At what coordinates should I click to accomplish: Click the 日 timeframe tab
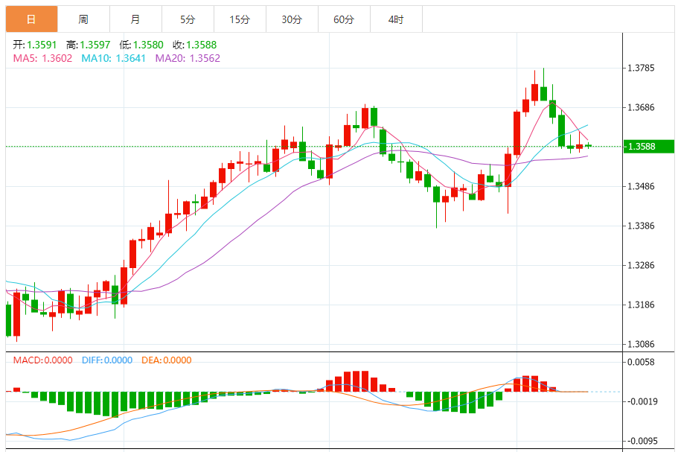pyautogui.click(x=31, y=19)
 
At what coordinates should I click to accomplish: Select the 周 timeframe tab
pyautogui.click(x=83, y=19)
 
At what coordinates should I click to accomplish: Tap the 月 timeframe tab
pyautogui.click(x=135, y=19)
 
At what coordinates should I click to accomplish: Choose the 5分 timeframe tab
pyautogui.click(x=188, y=19)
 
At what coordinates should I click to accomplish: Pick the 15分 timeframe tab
pyautogui.click(x=240, y=19)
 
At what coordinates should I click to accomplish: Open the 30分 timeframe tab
pyautogui.click(x=292, y=19)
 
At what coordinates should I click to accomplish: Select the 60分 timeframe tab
pyautogui.click(x=344, y=19)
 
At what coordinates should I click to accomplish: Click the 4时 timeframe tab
pyautogui.click(x=396, y=19)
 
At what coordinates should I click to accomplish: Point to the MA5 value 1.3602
pyautogui.click(x=57, y=58)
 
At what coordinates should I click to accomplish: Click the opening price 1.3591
pyautogui.click(x=42, y=45)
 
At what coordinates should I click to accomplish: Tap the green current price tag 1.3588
pyautogui.click(x=648, y=146)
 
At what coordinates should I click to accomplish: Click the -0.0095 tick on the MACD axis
pyautogui.click(x=642, y=441)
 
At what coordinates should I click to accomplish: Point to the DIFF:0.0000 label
pyautogui.click(x=107, y=360)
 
